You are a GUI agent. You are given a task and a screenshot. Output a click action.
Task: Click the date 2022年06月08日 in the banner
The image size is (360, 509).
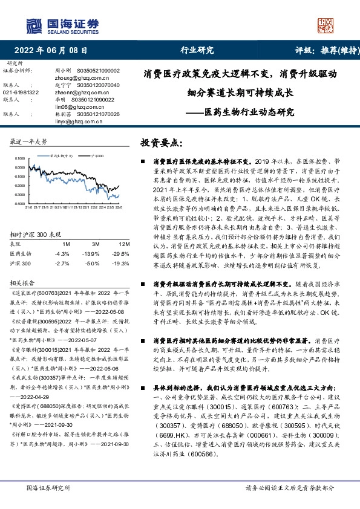54,51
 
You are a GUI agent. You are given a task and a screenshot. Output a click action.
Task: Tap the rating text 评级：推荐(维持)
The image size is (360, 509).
320,51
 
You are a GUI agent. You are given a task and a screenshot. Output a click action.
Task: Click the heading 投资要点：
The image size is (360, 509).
162,143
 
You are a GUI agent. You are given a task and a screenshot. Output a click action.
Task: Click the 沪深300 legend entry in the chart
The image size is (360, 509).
97,155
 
